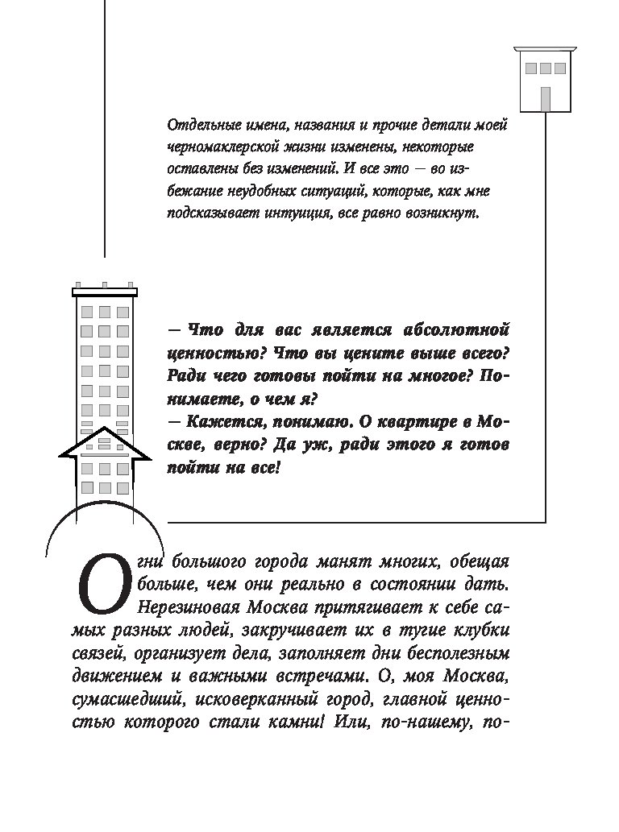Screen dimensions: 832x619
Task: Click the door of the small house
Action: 546,98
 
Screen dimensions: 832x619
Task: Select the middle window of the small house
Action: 546,68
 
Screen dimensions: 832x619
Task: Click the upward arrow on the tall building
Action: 105,451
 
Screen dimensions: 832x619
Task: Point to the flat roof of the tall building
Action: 105,292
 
